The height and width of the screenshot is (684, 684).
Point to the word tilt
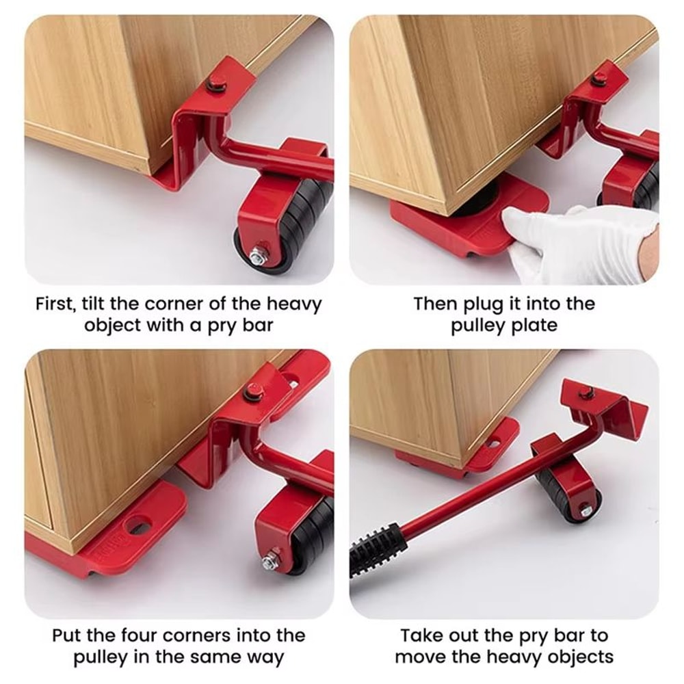(x=105, y=304)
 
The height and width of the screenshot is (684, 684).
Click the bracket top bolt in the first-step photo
(x=218, y=85)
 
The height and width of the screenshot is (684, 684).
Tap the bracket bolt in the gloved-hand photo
(x=599, y=79)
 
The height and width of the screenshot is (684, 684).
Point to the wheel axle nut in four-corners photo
(x=269, y=561)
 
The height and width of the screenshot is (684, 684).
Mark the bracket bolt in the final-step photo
(x=586, y=393)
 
